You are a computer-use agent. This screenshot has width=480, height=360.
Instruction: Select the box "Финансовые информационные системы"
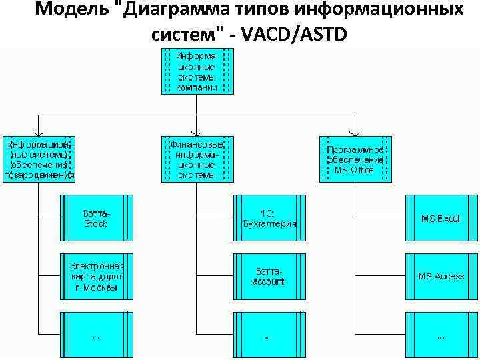[197, 159]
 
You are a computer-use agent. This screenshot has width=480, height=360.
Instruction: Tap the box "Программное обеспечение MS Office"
[355, 159]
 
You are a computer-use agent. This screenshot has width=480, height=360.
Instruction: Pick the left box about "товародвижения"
[39, 159]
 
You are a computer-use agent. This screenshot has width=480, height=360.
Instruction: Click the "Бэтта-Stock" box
[95, 218]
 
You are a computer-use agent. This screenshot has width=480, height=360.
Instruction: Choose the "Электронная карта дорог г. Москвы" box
[95, 276]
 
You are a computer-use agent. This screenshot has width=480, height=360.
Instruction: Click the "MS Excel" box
[440, 218]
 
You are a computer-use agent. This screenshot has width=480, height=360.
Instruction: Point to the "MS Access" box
[440, 276]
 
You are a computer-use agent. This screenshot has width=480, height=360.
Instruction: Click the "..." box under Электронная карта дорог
[95, 335]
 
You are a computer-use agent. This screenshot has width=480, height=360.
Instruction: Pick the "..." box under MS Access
[440, 335]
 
